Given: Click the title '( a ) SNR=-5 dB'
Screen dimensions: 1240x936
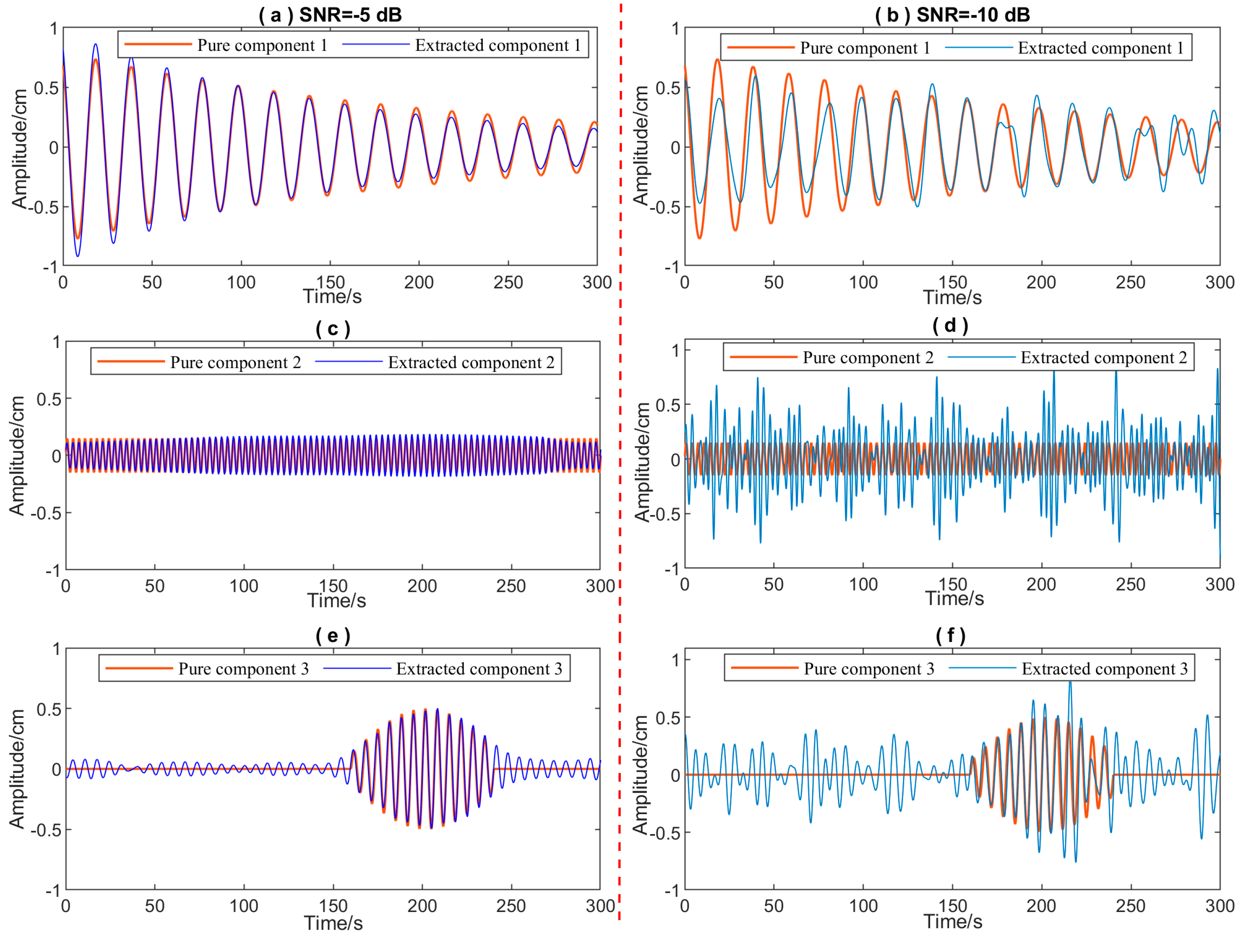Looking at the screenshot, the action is [330, 15].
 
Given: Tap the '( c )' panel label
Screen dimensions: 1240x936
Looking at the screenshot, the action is [333, 329].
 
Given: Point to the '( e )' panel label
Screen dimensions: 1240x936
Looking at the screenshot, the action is [333, 635].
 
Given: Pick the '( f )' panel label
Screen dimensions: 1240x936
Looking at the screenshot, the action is [951, 635].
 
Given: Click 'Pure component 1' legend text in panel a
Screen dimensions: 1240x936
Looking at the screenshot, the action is [262, 45].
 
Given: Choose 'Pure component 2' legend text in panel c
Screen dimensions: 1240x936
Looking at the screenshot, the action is [235, 362].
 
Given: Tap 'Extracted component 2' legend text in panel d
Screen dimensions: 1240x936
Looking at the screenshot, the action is [1104, 358].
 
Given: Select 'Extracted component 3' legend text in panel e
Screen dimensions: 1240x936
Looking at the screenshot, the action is [479, 669].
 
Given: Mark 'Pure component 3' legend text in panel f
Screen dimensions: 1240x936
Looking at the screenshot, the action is [869, 669].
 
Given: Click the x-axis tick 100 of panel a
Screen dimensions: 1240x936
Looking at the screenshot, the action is [241, 282].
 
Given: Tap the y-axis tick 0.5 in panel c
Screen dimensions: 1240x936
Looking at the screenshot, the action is [49, 399].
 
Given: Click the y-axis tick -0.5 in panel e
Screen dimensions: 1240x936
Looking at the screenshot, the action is [45, 830].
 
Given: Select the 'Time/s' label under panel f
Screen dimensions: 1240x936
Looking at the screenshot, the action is [953, 921].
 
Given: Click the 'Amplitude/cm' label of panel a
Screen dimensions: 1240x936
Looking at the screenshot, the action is [19, 149].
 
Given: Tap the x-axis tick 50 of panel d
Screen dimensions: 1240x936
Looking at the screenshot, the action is [773, 584].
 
